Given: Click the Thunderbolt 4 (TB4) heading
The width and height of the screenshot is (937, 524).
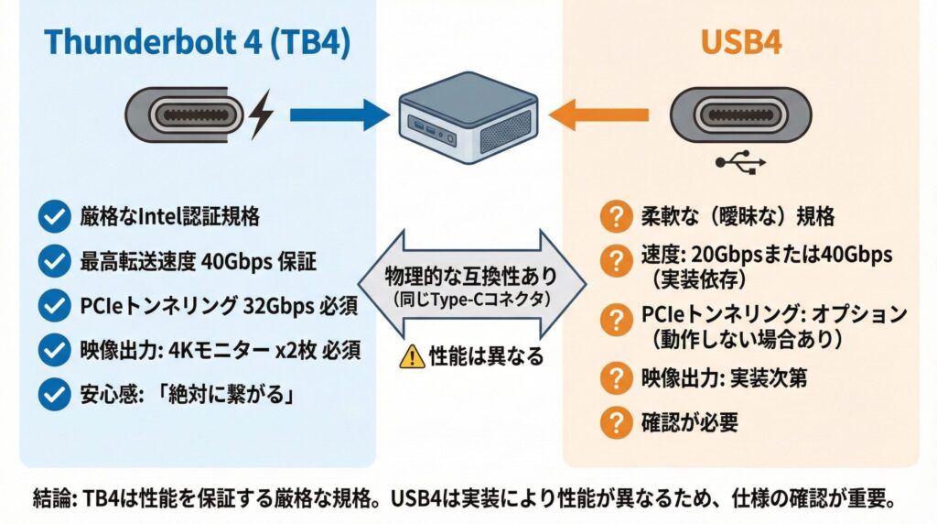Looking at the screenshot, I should (x=197, y=44).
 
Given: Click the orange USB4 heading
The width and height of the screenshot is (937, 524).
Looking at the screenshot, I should (x=740, y=44).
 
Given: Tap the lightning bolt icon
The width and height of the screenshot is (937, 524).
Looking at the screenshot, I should (x=260, y=115).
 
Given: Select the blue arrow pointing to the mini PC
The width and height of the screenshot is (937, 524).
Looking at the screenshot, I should (x=339, y=115).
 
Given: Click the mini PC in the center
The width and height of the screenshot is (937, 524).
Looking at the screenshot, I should (x=466, y=119).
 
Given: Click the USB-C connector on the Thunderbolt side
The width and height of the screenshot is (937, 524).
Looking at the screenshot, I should (x=183, y=115).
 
